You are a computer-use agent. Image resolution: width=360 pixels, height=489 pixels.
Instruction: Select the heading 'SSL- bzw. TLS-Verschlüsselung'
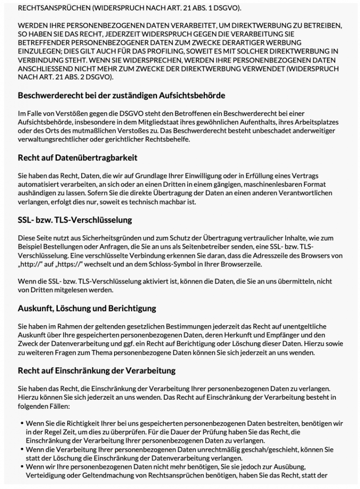coord(75,221)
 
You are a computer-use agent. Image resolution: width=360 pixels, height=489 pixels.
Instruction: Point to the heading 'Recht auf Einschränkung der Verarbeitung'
coord(96,370)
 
